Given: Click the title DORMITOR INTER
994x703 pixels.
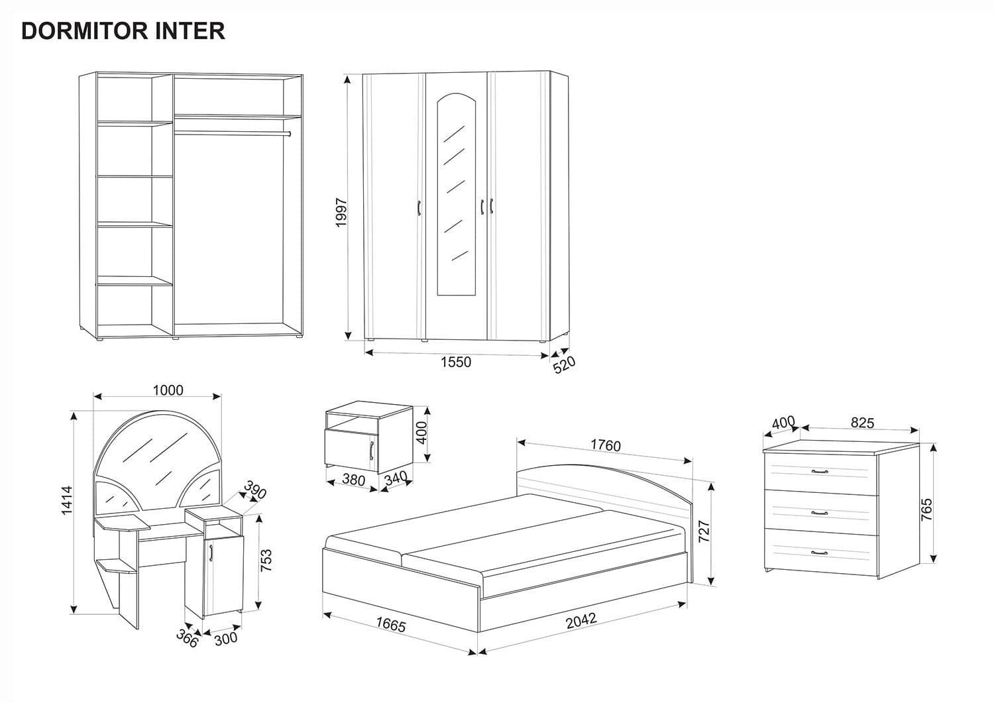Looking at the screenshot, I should (123, 31).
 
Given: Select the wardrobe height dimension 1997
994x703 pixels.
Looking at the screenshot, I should (342, 212).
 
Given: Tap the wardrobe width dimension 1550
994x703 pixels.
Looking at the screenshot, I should (456, 362).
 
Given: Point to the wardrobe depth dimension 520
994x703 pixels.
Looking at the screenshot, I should (565, 365).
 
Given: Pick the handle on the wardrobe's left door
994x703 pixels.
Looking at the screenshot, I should (419, 207).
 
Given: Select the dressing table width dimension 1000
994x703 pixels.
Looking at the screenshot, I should (168, 390).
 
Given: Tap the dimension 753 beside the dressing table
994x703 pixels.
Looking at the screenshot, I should (266, 560).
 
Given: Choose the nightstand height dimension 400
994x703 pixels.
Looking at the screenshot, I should (421, 433).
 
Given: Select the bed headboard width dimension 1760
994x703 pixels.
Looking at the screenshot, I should (606, 445).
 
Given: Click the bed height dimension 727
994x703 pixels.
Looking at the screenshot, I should (704, 532).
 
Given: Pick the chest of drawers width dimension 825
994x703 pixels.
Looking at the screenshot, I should (861, 423).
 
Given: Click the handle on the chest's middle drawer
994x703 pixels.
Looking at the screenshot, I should (820, 513).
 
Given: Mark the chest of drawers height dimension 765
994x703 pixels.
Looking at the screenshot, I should (926, 510).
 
